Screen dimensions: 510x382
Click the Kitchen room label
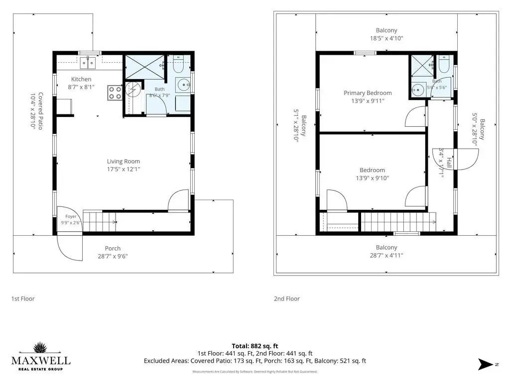click(x=81, y=79)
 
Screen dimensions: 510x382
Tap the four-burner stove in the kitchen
click(x=115, y=93)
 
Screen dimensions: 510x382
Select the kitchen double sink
click(x=88, y=63)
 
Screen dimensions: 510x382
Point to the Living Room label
click(x=124, y=161)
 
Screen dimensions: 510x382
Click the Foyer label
click(x=71, y=216)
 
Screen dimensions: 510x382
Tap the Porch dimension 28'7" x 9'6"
click(x=113, y=256)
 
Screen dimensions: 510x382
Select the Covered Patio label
click(x=41, y=111)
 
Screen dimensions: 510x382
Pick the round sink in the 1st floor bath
click(x=184, y=86)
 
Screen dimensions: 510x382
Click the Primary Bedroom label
click(x=368, y=93)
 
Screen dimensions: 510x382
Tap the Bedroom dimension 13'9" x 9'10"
click(x=372, y=178)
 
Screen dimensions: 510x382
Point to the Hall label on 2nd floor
click(x=449, y=163)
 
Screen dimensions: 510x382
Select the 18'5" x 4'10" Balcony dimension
click(x=386, y=38)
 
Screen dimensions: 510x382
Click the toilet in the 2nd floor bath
click(x=444, y=64)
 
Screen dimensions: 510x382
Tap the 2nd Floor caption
click(x=286, y=298)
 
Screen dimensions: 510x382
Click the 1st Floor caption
click(x=23, y=298)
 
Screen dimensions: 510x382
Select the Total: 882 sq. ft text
click(x=255, y=346)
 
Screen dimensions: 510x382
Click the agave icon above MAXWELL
click(x=40, y=347)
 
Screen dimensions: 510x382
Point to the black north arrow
click(x=485, y=364)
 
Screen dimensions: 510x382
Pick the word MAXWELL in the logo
click(x=41, y=361)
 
